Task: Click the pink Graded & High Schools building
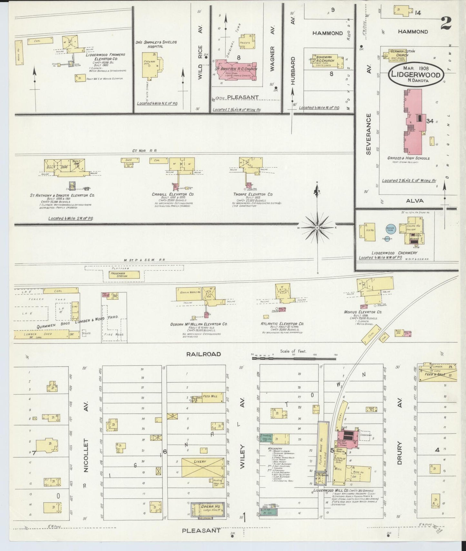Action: pos(414,121)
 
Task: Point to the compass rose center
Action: pos(317,228)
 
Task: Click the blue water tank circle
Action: pos(391,229)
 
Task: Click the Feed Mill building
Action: pos(210,398)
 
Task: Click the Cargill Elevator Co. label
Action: pos(173,195)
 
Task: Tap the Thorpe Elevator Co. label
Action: pos(253,194)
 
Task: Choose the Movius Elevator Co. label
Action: pos(363,312)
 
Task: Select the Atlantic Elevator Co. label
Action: pos(283,324)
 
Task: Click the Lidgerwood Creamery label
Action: pos(394,253)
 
